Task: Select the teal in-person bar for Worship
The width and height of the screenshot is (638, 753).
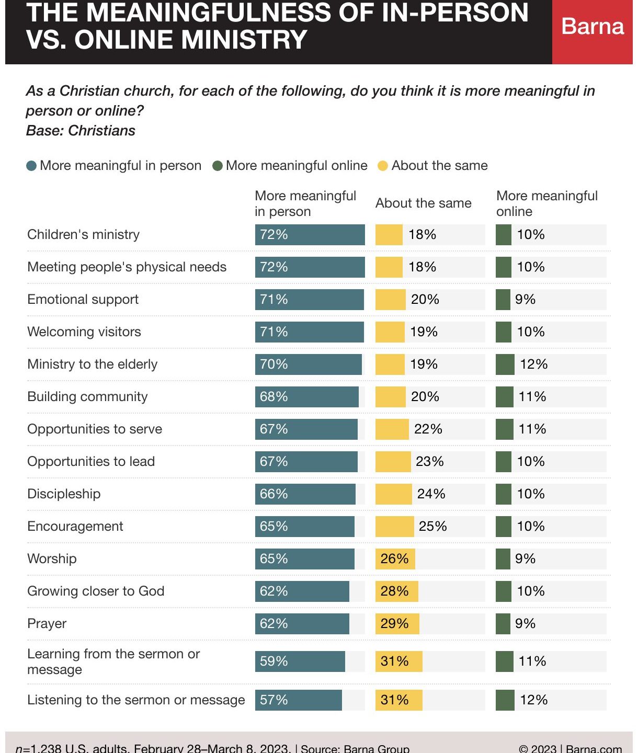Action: click(304, 558)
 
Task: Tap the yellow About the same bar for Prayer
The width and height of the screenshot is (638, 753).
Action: click(397, 623)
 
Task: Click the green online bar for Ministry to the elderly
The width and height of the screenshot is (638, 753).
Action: click(505, 364)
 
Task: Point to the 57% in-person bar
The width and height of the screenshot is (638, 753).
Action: click(298, 700)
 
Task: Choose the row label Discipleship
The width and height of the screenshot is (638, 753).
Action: click(64, 494)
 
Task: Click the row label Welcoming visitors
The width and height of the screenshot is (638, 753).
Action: click(84, 332)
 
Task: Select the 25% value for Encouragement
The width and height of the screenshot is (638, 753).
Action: click(432, 526)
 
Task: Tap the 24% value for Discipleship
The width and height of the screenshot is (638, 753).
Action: click(431, 494)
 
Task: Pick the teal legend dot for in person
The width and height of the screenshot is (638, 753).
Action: click(31, 166)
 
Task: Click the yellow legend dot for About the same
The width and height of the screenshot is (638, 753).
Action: click(383, 166)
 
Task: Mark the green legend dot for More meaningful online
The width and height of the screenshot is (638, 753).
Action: click(218, 166)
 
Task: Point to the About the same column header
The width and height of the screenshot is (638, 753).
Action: click(423, 203)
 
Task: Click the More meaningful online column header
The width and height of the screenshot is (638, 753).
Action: click(546, 203)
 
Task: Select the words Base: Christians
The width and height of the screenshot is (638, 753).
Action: click(81, 131)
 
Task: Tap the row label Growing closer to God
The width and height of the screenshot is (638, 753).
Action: click(96, 591)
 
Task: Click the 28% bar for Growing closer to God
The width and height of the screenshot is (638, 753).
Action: click(396, 591)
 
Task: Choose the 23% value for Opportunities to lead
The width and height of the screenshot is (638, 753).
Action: click(429, 461)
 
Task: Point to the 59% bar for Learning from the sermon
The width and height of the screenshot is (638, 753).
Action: click(300, 661)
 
